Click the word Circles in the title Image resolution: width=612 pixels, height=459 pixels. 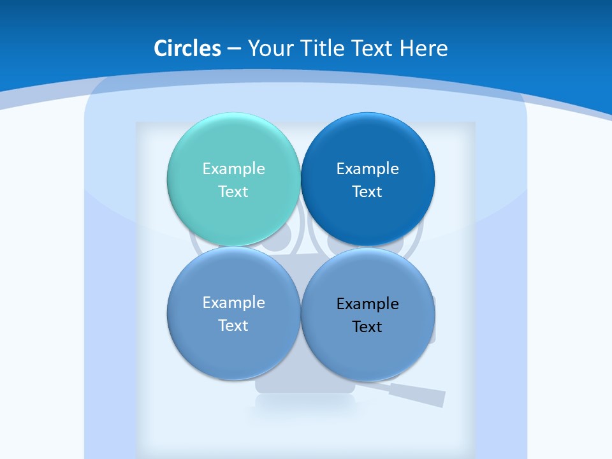point(187,48)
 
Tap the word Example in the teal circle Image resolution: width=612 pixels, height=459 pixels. point(233,169)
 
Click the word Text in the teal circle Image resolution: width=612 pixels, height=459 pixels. point(233,192)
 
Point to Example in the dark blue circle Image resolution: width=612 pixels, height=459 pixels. point(367,169)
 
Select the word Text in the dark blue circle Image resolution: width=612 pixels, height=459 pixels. point(367,192)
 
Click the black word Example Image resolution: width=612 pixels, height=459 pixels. point(367,304)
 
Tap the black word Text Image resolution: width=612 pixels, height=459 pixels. point(367,327)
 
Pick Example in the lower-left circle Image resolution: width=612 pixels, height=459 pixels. point(233,303)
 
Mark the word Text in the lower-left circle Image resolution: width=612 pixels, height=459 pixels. point(233,326)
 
